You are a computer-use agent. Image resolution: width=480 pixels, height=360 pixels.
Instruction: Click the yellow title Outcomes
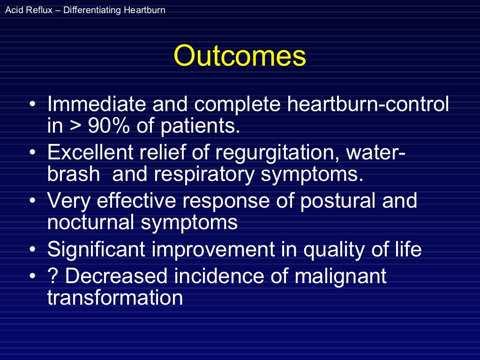click(240, 56)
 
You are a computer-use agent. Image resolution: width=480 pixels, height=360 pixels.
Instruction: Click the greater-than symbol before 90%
click(75, 126)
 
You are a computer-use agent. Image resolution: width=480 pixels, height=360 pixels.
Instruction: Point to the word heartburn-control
click(368, 104)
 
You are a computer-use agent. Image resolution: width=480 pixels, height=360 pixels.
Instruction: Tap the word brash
click(74, 174)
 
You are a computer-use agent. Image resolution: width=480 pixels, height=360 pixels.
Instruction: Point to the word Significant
click(98, 250)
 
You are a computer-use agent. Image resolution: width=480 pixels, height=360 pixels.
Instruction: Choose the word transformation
click(115, 298)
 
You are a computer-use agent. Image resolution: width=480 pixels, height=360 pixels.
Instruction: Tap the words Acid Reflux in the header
click(23, 9)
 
